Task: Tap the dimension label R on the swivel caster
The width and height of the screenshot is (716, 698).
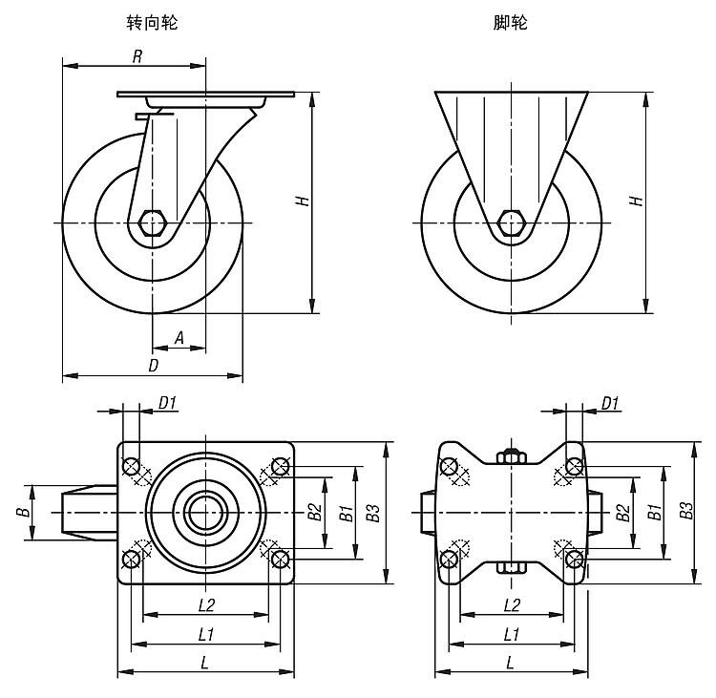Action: point(137,56)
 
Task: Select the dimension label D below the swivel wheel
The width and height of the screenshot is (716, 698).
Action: point(152,367)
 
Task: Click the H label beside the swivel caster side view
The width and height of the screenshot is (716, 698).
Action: point(302,201)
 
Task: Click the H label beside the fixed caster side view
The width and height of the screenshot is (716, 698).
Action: point(635,201)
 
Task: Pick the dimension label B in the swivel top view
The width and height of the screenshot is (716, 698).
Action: point(21,513)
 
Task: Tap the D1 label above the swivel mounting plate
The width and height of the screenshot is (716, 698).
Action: point(167,403)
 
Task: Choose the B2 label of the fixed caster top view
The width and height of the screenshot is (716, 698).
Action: point(622,513)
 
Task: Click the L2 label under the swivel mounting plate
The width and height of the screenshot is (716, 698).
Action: point(205,604)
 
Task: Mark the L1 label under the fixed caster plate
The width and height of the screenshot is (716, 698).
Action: point(511,634)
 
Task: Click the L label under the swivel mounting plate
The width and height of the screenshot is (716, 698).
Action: point(205,662)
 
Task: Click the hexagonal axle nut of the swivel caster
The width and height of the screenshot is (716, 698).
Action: point(152,223)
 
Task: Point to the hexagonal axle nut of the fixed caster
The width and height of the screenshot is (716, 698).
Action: point(513,223)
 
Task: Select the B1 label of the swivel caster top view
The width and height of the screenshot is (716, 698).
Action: point(345,513)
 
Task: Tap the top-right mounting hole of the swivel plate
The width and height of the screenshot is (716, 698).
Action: point(280,466)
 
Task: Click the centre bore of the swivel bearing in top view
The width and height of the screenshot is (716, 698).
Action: point(204,513)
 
